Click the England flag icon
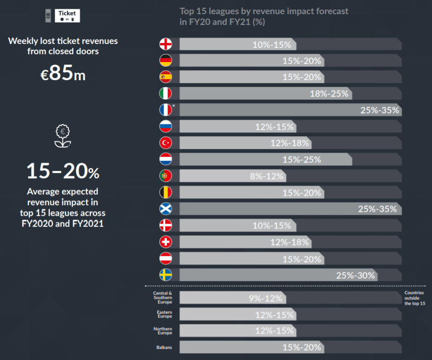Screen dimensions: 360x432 coord(166,44)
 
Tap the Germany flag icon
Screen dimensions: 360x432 coord(166,61)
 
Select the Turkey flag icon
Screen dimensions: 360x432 coord(166,143)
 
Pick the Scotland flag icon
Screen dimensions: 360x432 coord(166,209)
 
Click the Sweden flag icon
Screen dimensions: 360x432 coord(166,275)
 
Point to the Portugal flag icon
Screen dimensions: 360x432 coord(166,176)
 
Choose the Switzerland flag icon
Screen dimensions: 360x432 coord(166,242)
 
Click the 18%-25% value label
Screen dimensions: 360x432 coord(329,94)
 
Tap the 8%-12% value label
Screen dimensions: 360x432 coord(267,176)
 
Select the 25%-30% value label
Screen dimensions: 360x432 coord(355,275)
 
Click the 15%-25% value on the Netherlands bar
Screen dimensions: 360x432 coord(302,160)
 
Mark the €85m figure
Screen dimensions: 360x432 coord(63,74)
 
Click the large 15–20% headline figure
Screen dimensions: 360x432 coord(63,171)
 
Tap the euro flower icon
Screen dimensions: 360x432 coord(63,136)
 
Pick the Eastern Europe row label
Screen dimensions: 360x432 coord(163,315)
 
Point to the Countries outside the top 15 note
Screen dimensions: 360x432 coord(414,298)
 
